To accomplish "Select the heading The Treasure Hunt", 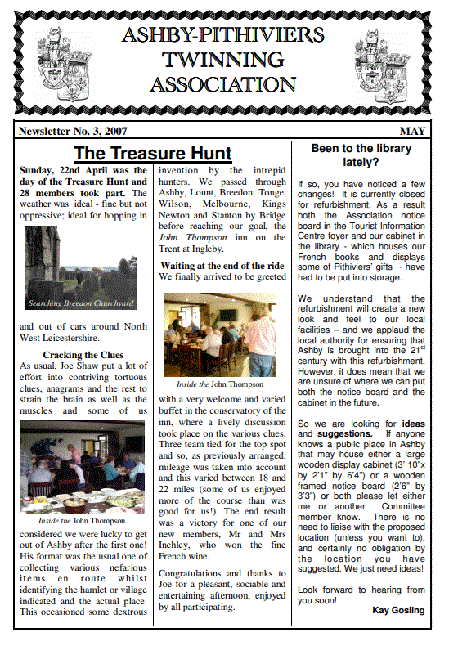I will coord(152,153).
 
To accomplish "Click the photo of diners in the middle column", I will coord(220,334).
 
